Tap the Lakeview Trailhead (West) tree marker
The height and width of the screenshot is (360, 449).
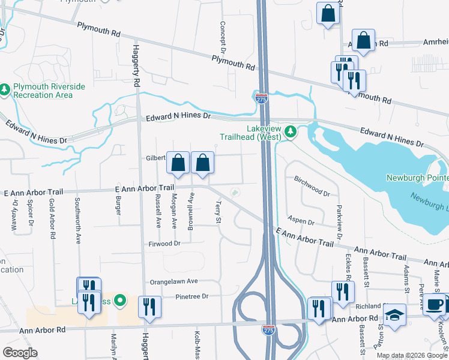click(x=291, y=131)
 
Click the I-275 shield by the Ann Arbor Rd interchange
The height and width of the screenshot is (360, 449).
click(x=268, y=330)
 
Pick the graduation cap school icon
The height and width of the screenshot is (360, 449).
click(x=394, y=315)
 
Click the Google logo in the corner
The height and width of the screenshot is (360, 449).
click(x=19, y=353)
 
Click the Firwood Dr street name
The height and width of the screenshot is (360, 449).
click(x=164, y=244)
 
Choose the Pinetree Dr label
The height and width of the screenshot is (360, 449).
click(x=191, y=296)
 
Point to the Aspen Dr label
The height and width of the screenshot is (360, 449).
click(x=301, y=221)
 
